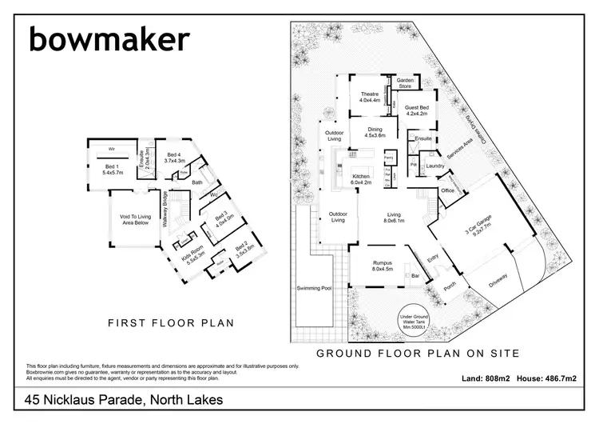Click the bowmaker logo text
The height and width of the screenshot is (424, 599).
click(109, 38)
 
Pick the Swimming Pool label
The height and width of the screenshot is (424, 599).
click(313, 288)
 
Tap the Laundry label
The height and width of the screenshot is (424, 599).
click(435, 166)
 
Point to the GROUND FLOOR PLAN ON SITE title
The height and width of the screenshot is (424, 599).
click(419, 352)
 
